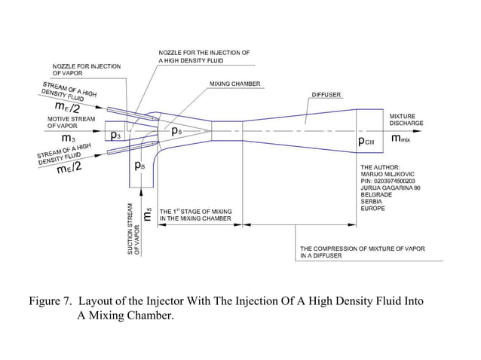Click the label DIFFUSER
(x=326, y=95)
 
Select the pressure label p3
(x=115, y=136)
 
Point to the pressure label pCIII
(x=372, y=140)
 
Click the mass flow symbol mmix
(x=400, y=139)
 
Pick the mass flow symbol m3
(x=68, y=139)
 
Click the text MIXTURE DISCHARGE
(x=406, y=118)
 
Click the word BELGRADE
(x=377, y=194)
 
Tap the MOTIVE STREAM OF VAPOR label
(x=71, y=122)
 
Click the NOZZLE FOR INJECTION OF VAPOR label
(x=86, y=70)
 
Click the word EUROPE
(x=373, y=208)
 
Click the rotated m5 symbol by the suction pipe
(x=148, y=215)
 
